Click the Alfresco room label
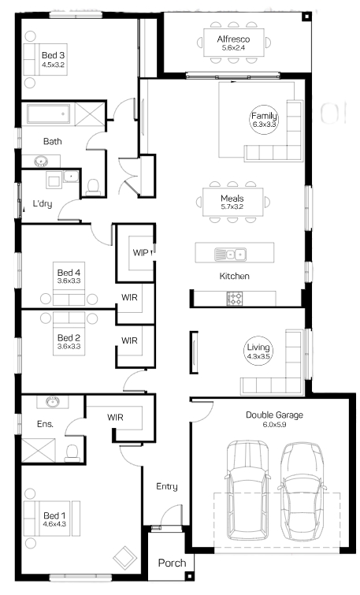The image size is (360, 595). (233, 39)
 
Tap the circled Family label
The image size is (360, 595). (264, 120)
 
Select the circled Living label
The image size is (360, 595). (258, 351)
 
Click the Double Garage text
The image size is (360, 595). (274, 415)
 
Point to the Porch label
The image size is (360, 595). (172, 563)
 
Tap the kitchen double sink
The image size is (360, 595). (230, 254)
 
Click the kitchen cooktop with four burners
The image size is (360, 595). (235, 298)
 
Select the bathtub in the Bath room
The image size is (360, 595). (49, 114)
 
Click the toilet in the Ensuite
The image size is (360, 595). (72, 452)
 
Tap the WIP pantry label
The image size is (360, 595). (140, 253)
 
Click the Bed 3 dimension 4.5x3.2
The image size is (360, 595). (53, 65)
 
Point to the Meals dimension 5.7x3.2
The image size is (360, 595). (232, 206)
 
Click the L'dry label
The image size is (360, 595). (43, 204)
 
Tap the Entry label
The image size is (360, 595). (167, 487)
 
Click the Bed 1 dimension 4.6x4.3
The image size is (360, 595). (54, 524)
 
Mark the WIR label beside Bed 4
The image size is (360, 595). (129, 298)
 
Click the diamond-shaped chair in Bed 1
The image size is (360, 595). (124, 557)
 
